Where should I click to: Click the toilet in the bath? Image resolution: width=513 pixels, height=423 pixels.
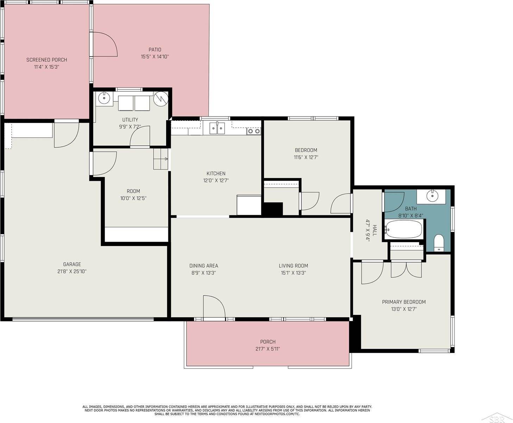coord(439,243)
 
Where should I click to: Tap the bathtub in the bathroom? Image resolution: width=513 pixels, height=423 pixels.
coord(403,229)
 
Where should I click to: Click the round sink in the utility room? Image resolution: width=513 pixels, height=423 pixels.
coord(105,98)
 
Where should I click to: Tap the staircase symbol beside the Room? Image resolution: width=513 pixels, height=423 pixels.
coord(161,159)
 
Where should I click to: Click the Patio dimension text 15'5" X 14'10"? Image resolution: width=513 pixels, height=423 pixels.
coord(155,56)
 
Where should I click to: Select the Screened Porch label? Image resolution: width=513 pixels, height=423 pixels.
coord(46,60)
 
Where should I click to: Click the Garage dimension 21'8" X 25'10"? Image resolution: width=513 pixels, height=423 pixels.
coord(72,271)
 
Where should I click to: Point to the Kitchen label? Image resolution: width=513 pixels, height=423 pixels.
coord(216,173)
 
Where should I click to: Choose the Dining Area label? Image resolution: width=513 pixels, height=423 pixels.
coord(204,266)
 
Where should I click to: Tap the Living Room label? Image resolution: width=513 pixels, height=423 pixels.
coord(293,266)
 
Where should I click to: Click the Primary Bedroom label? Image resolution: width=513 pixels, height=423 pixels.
coord(403,302)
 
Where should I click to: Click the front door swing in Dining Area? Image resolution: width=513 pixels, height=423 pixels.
coord(213,307)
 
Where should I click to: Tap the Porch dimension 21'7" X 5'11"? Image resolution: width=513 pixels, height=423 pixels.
coord(268,349)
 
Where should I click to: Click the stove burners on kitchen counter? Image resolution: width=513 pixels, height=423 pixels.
coord(254,131)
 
